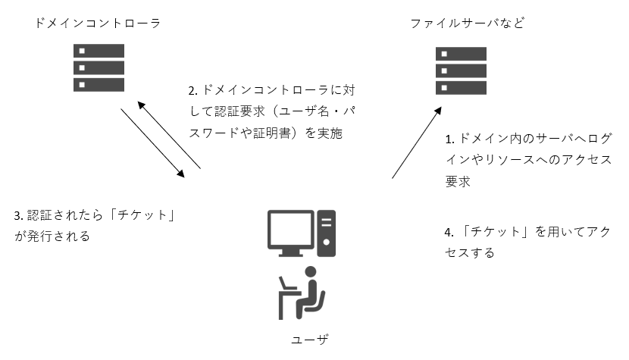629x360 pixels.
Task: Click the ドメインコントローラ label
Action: point(98,23)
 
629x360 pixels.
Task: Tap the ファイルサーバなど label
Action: point(468,23)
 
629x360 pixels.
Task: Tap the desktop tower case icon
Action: point(326,230)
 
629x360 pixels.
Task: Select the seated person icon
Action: point(302,292)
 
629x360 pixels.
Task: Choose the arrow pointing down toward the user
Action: point(152,142)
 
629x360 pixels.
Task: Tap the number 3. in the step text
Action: point(19,215)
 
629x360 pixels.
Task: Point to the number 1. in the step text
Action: point(449,139)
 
